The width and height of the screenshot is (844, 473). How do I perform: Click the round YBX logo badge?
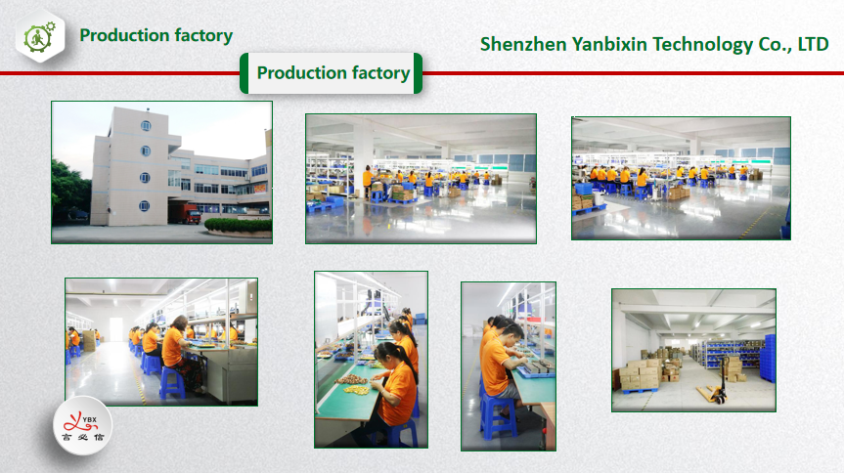[82, 426]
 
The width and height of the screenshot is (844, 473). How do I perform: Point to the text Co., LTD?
[793, 45]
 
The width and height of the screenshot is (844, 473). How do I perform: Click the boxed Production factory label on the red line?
[331, 73]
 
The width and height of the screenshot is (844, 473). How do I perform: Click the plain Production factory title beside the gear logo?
[156, 35]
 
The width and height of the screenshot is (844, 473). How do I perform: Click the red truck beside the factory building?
[185, 213]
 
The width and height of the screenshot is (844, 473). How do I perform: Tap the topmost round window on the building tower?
[146, 126]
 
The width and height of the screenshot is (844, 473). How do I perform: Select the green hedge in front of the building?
[238, 226]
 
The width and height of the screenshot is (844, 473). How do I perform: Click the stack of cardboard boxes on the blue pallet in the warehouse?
[640, 376]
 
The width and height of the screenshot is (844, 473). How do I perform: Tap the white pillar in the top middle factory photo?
[364, 151]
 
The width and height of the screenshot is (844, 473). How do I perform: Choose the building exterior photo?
[161, 173]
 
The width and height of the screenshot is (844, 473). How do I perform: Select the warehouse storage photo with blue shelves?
[693, 350]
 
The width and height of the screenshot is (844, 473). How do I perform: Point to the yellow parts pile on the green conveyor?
[356, 390]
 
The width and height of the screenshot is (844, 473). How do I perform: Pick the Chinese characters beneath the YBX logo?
[82, 438]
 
